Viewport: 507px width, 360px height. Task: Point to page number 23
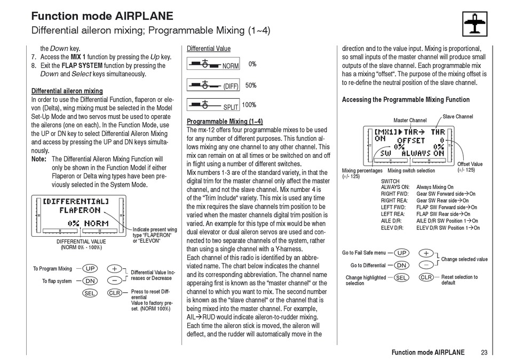pos(484,353)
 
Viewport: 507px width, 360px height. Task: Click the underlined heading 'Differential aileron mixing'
pos(67,91)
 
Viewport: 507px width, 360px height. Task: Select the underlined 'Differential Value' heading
pos(209,49)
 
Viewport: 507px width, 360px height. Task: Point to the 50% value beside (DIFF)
pos(251,85)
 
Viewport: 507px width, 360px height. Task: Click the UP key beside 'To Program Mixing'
pos(90,269)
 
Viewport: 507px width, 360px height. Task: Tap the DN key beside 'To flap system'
pos(90,281)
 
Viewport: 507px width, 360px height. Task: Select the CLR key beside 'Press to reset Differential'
pos(115,293)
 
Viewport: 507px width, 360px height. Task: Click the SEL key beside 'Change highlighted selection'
pos(402,277)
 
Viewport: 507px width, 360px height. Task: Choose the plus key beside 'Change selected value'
pos(426,253)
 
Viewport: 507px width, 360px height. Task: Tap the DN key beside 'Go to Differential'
pos(402,265)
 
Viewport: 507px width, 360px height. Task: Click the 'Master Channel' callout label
pos(410,121)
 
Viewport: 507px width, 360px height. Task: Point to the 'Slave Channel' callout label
pos(458,117)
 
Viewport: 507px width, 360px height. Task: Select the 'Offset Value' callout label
pos(470,164)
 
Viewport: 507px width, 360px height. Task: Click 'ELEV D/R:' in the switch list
pos(392,228)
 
